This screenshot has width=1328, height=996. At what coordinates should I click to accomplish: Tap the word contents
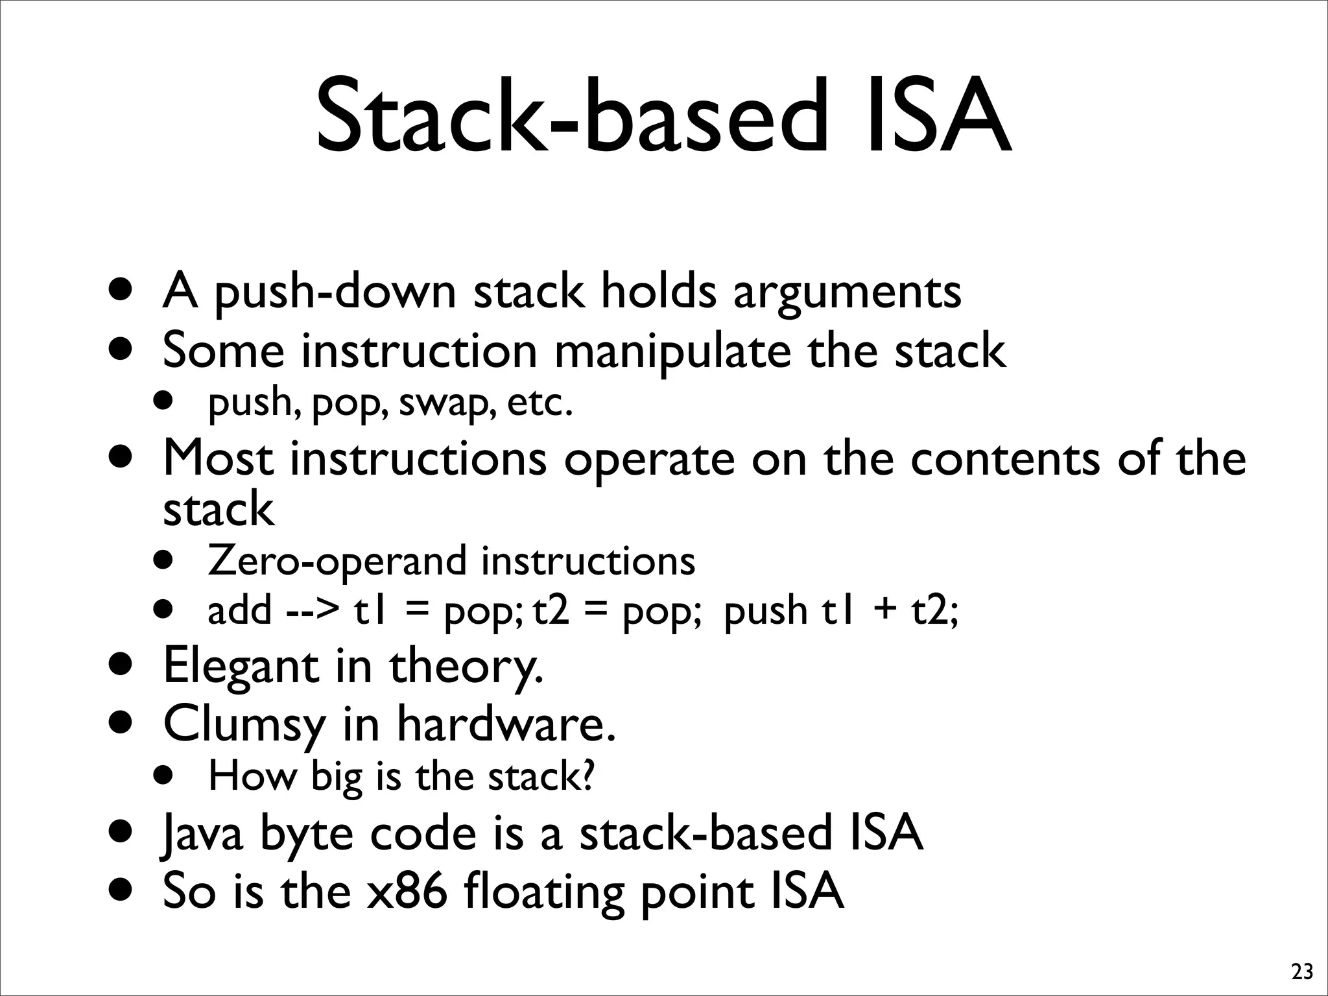coord(1005,458)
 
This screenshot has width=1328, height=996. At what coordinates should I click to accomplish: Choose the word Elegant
coord(241,666)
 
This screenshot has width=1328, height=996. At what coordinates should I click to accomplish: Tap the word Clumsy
coord(244,724)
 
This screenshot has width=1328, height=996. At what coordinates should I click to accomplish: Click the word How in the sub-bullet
coord(252,776)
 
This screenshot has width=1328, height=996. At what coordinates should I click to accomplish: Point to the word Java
coord(202,834)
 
